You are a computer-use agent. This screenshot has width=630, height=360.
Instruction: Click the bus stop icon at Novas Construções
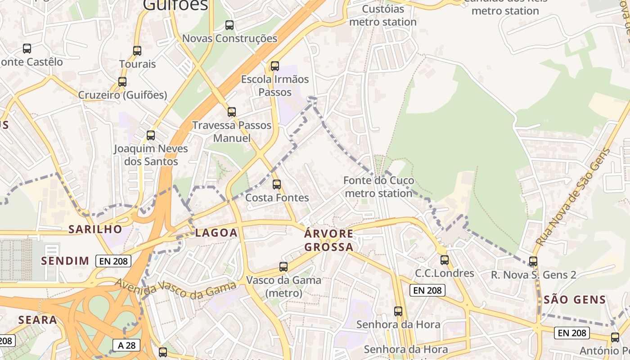(229, 25)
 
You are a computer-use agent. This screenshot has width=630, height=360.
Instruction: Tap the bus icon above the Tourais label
(137, 51)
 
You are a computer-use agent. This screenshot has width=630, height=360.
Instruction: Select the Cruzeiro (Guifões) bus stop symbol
(122, 82)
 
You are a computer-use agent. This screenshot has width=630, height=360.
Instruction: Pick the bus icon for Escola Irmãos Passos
(275, 66)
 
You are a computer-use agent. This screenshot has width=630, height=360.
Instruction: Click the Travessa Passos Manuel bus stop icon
(232, 112)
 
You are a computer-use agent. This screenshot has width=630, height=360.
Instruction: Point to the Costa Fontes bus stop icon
(277, 184)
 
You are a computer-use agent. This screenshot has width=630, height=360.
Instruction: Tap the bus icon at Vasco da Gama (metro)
(283, 267)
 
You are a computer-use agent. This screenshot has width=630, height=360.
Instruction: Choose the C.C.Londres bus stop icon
(445, 260)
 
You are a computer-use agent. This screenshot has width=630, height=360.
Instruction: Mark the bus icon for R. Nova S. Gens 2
(533, 261)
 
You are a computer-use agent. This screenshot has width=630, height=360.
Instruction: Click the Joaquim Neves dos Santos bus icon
(151, 135)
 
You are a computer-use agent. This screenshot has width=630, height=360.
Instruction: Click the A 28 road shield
(126, 345)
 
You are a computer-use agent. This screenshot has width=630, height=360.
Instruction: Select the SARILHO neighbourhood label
(95, 229)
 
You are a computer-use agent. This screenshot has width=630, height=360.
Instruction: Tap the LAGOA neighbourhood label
(216, 233)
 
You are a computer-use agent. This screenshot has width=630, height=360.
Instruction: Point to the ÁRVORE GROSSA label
(328, 240)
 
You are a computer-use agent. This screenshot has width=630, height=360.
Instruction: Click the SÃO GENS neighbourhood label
(575, 299)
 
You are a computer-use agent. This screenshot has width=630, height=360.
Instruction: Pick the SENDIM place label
(65, 261)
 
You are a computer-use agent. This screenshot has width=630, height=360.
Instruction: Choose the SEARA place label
(38, 320)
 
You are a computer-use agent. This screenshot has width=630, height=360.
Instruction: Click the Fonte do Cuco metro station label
(378, 187)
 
